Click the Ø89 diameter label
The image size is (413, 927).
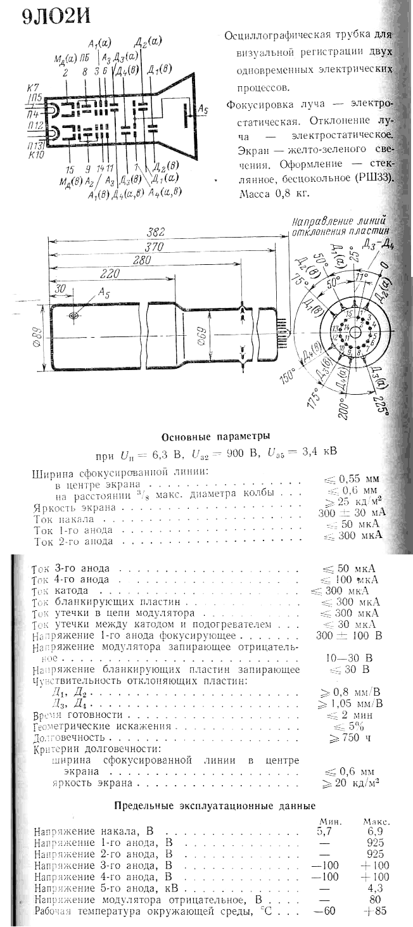pyautogui.click(x=36, y=337)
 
